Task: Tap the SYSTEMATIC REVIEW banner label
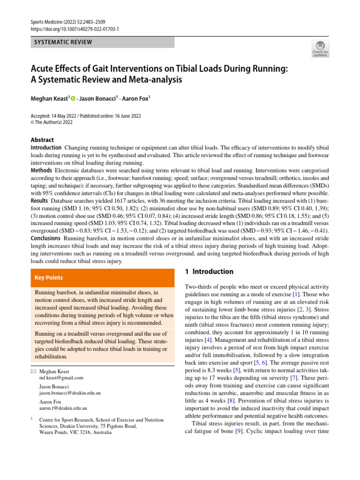point(64,42)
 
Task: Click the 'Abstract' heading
point(42,140)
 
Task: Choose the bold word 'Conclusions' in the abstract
point(46,238)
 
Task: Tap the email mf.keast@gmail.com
point(61,377)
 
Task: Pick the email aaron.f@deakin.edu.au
point(63,408)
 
